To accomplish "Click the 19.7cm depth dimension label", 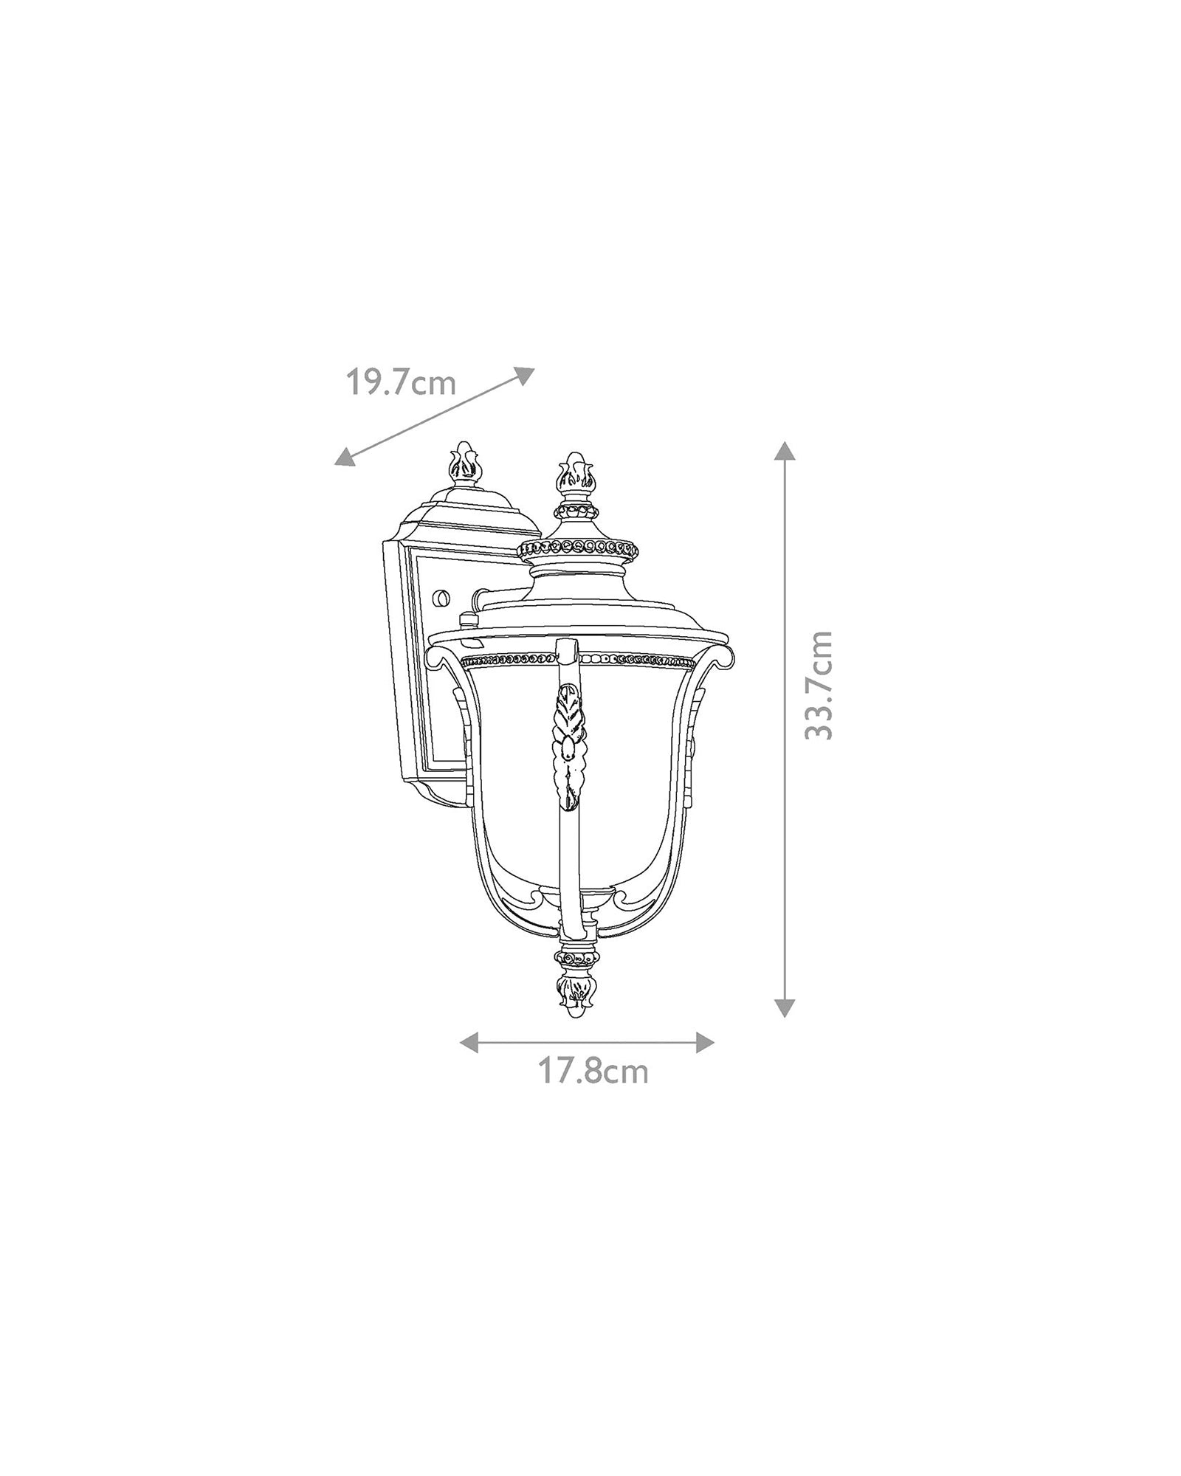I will pos(401,384).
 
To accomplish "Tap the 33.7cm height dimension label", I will pos(819,686).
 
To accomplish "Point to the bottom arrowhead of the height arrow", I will pos(785,1007).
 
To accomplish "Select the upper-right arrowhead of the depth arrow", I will pos(524,375).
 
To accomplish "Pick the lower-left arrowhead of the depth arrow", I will pos(344,458).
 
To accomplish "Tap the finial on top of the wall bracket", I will pos(463,465).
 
